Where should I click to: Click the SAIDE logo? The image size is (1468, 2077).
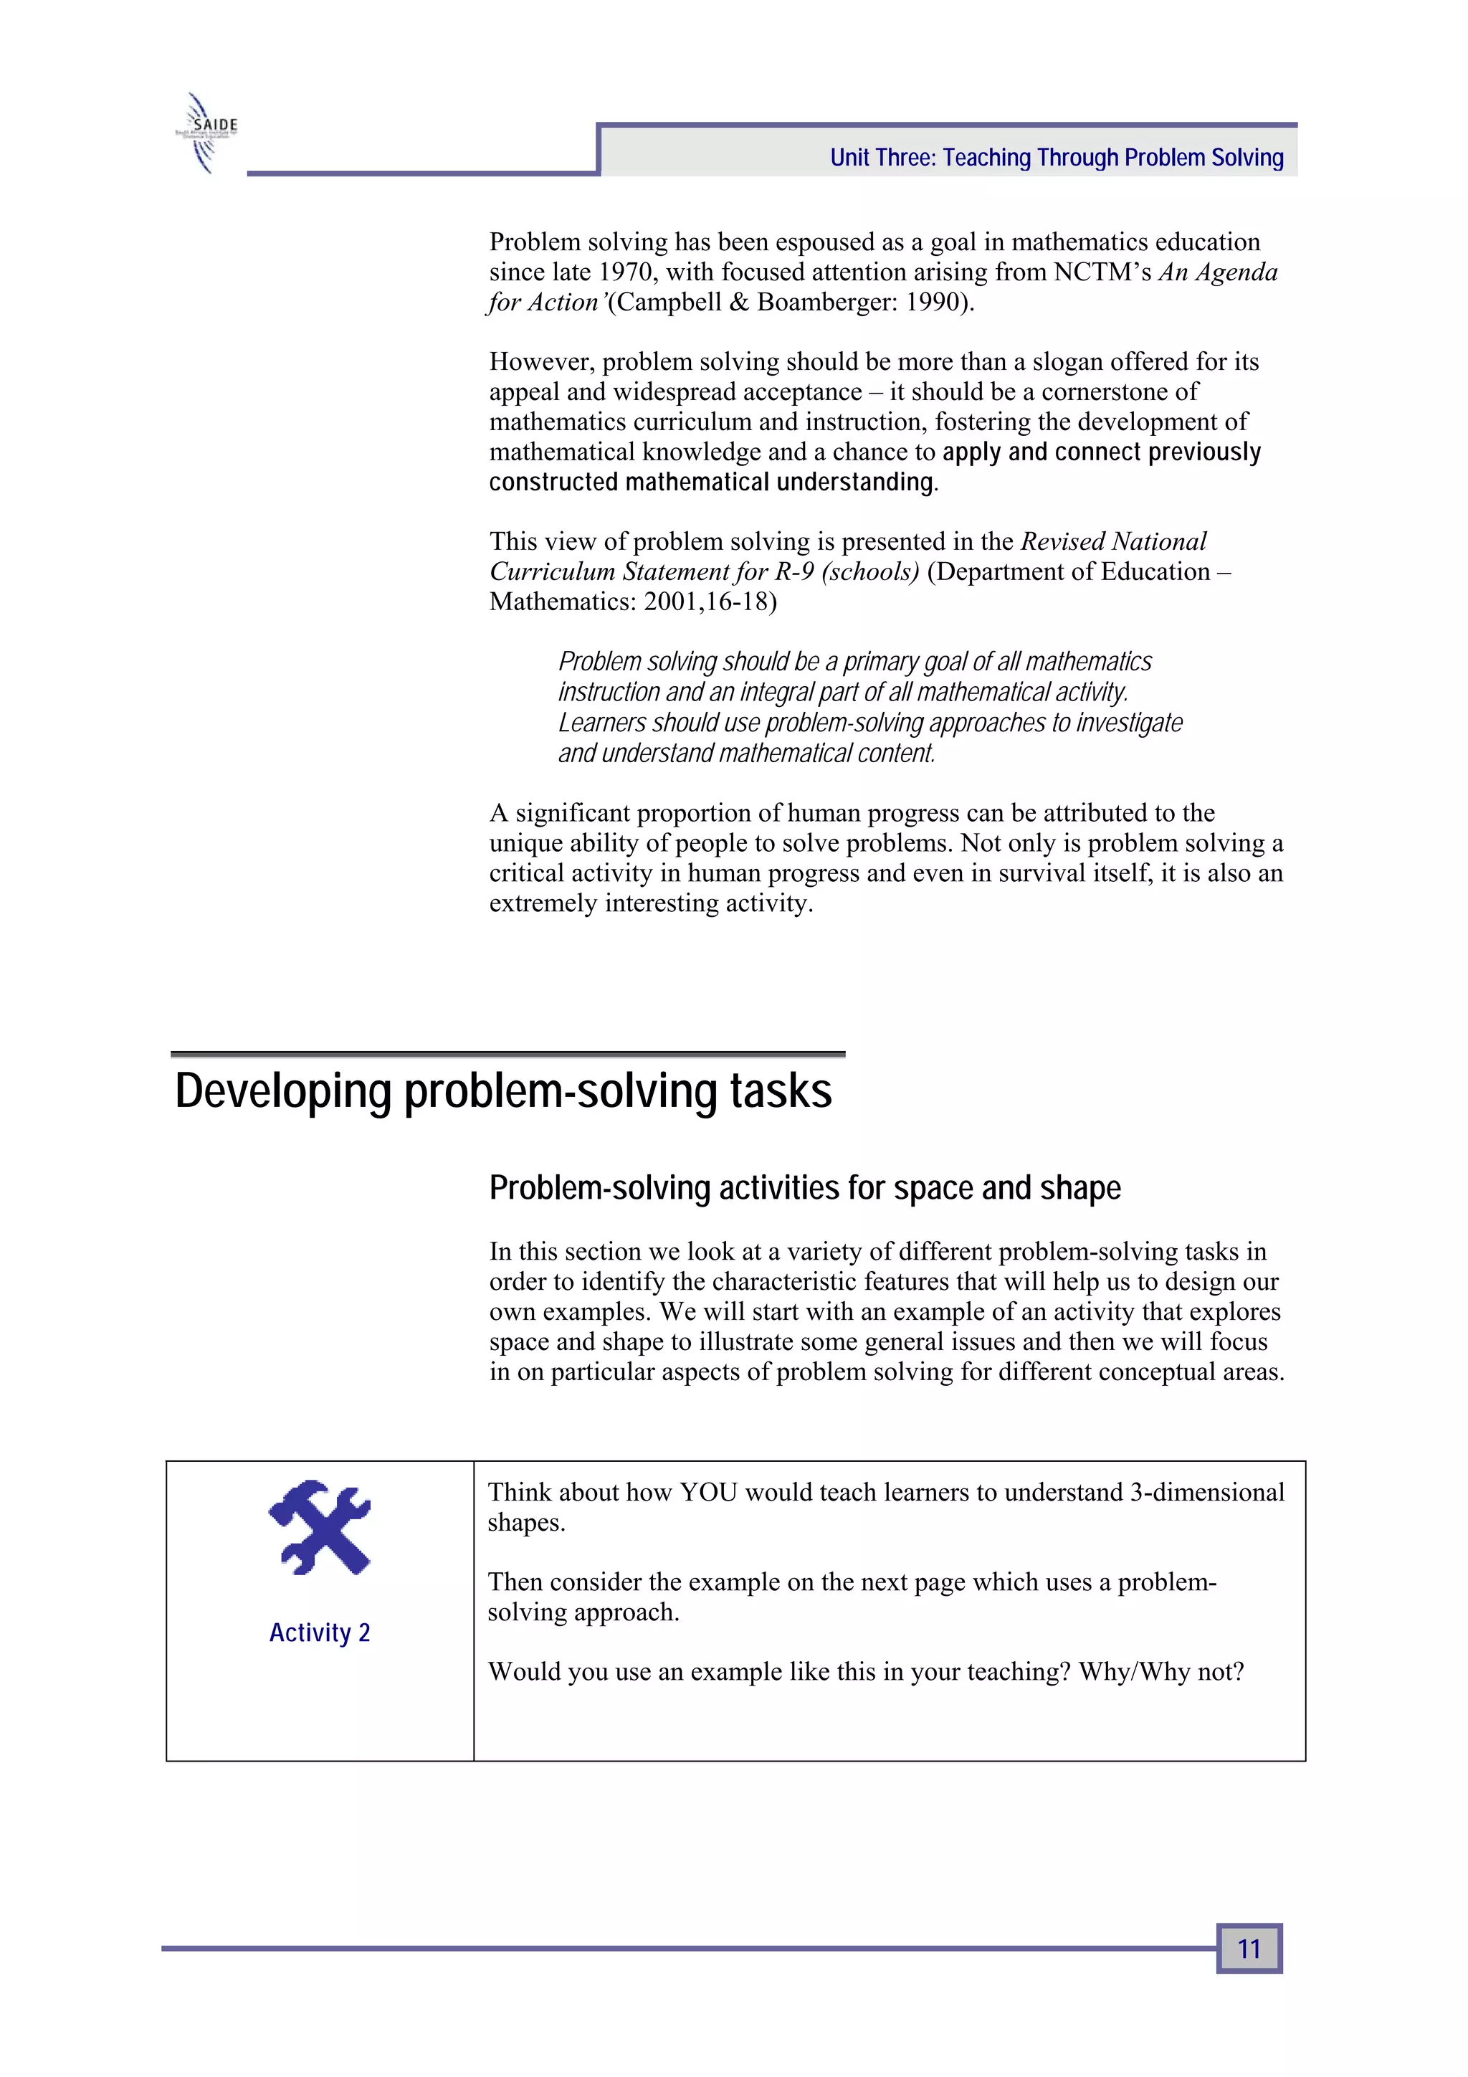207,132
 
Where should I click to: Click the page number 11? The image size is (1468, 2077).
1249,1948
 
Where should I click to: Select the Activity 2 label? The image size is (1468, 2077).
319,1632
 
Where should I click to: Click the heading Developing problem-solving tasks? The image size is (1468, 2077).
503,1091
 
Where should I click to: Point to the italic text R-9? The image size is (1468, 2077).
794,571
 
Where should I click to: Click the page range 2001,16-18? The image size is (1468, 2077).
709,602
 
